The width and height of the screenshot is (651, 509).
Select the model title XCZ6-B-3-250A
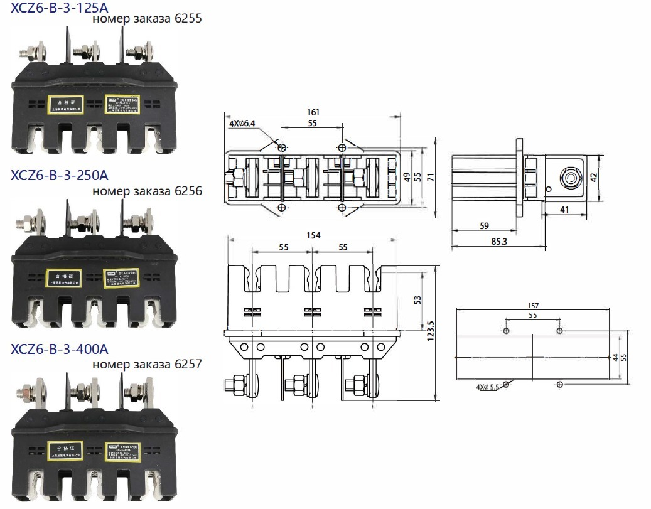(59, 174)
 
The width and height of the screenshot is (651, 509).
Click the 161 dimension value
(313, 112)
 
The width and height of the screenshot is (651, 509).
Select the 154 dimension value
(313, 235)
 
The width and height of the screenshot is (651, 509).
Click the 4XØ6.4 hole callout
(242, 124)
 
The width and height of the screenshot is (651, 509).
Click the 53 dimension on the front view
(417, 300)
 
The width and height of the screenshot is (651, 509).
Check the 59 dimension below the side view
(483, 225)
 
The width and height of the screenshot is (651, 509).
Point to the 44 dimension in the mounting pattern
(615, 357)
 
